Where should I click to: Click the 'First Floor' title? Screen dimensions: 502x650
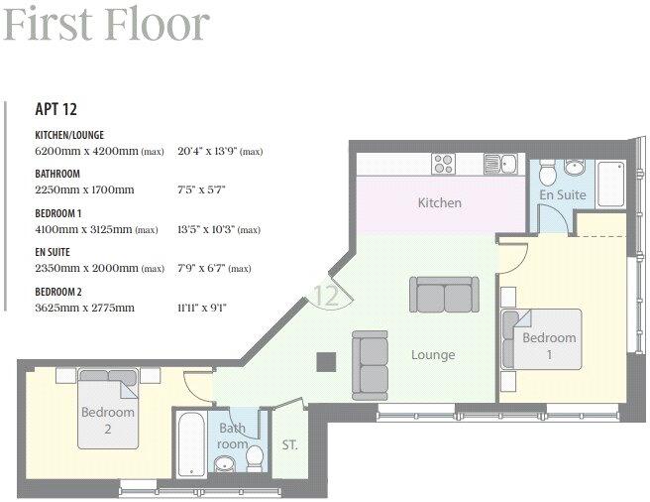(106, 24)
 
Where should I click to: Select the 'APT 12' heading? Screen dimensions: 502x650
(56, 110)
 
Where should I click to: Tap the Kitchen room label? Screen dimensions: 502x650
(439, 203)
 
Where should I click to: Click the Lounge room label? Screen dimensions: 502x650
(433, 354)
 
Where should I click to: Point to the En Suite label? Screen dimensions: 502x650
(562, 194)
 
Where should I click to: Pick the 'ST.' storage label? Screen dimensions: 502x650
(290, 444)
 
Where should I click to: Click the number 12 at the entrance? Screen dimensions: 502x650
(327, 295)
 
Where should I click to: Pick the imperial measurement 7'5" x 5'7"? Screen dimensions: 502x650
(202, 189)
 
